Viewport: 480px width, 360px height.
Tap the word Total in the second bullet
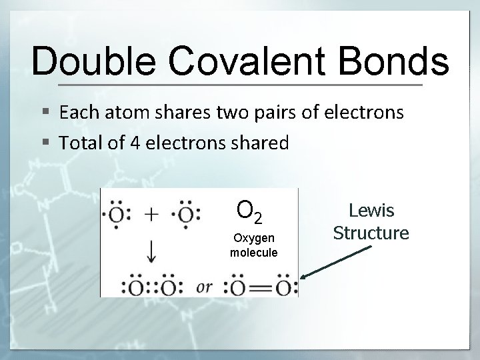[x=81, y=143]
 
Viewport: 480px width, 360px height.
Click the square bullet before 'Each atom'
[x=43, y=113]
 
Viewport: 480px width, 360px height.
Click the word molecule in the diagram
[x=253, y=252]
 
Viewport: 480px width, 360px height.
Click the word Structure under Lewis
[x=371, y=233]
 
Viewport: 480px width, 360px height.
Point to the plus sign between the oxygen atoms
[x=153, y=215]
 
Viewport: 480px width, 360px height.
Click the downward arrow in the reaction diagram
[x=152, y=251]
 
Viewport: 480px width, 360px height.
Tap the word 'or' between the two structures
[x=204, y=287]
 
